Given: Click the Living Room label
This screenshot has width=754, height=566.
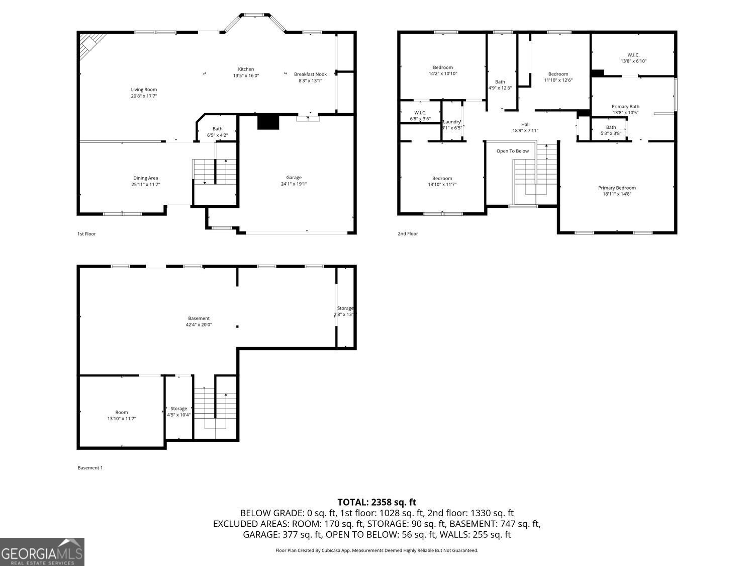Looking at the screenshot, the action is pos(144,90).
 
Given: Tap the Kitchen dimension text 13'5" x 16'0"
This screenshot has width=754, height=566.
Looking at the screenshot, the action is pos(246,76).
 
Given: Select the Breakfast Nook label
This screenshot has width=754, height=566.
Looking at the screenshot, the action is pos(310,74).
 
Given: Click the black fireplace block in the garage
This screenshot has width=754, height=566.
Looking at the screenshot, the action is pos(268,122).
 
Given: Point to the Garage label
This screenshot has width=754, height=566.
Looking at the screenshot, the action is pos(294,177).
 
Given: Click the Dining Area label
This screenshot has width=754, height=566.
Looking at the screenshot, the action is pos(145,178).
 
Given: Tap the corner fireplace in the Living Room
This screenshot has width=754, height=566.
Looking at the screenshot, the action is pos(91,43).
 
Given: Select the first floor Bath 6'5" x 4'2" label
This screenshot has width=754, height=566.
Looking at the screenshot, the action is pos(217,129).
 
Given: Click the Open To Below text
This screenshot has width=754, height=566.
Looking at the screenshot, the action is pos(512,151).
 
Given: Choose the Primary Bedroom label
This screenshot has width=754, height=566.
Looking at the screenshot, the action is pos(617,188).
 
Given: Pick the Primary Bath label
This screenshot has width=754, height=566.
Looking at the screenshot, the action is pos(625,106).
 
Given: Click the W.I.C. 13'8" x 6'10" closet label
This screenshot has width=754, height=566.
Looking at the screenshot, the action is pos(633,55).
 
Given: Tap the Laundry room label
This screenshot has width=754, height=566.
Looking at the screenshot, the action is pos(451,122).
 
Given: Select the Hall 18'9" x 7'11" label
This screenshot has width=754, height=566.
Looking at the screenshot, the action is pos(525,124).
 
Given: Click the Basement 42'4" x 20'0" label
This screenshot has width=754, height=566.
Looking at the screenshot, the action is pos(199,318).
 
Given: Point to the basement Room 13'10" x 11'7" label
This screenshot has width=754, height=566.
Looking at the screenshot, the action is pos(121,412).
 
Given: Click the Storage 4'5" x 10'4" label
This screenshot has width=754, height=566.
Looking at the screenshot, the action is pos(178,409).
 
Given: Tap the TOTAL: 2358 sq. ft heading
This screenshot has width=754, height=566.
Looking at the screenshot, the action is pos(376,502).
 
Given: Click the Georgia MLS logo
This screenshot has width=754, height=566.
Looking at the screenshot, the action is pos(42,552).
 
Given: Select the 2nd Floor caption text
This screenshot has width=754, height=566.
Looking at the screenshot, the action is pos(408,233).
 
